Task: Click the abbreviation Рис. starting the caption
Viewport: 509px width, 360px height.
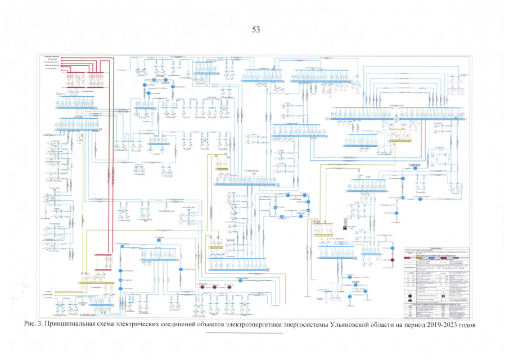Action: pyautogui.click(x=31, y=325)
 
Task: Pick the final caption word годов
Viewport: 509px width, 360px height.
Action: pyautogui.click(x=471, y=325)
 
